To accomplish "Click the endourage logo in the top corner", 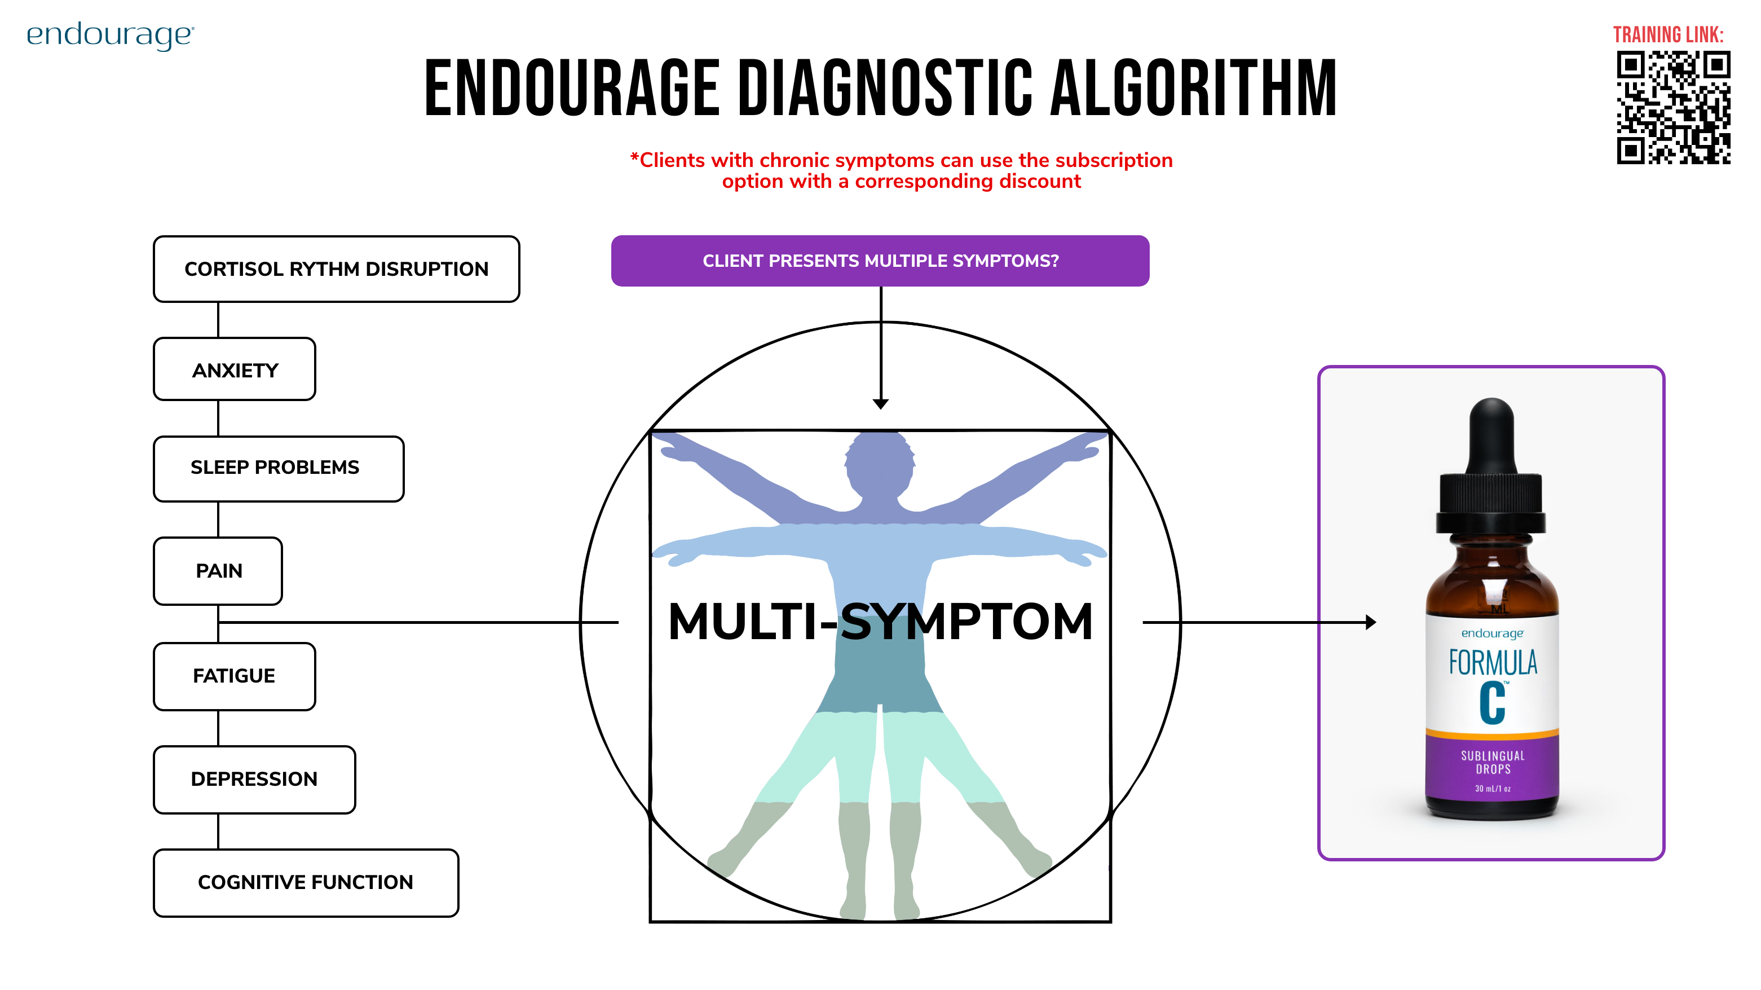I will tap(110, 36).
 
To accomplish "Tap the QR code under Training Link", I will tap(1673, 107).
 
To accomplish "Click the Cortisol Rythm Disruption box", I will tap(336, 269).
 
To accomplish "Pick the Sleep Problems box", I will tap(278, 468).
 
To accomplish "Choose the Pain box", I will tap(218, 571).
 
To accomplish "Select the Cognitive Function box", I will tap(306, 883).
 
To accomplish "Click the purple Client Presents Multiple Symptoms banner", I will tap(880, 261).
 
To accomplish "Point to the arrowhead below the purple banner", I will tap(881, 404).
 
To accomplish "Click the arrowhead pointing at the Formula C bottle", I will tap(1371, 622).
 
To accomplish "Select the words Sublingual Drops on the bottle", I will tap(1493, 762).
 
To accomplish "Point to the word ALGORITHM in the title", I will tap(1193, 89).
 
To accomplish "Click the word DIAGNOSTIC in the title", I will tap(885, 89).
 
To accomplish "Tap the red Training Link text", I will tap(1668, 35).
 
